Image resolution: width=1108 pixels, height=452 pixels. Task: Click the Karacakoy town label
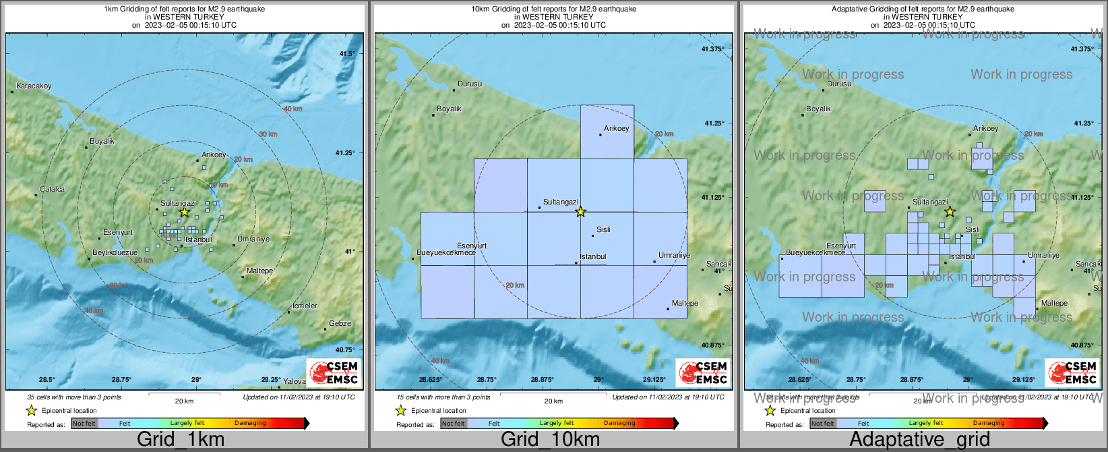pyautogui.click(x=34, y=86)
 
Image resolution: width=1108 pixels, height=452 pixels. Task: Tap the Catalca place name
pyautogui.click(x=52, y=190)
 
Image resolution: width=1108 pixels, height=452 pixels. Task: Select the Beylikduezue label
pyautogui.click(x=115, y=253)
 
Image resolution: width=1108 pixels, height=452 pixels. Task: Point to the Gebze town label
pyautogui.click(x=340, y=324)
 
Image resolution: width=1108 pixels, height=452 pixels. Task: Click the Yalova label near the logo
pyautogui.click(x=294, y=382)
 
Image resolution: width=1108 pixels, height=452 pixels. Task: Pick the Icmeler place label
pyautogui.click(x=305, y=306)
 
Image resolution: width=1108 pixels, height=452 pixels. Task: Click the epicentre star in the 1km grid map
pyautogui.click(x=184, y=212)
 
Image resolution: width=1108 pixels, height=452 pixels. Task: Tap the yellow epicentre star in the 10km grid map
pyautogui.click(x=580, y=212)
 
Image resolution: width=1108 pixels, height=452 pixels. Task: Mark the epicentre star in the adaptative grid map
pyautogui.click(x=950, y=212)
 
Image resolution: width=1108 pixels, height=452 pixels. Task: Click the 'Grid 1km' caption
pyautogui.click(x=181, y=440)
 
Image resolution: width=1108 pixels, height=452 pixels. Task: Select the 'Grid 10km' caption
pyautogui.click(x=550, y=440)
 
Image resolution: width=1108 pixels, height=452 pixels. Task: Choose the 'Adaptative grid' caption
pyautogui.click(x=919, y=440)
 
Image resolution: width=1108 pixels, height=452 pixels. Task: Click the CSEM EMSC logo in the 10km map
pyautogui.click(x=703, y=372)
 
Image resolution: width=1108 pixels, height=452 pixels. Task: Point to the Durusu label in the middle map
pyautogui.click(x=470, y=84)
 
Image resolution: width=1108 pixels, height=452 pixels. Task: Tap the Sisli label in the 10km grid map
pyautogui.click(x=603, y=230)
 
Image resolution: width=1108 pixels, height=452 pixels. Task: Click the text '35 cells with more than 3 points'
pyautogui.click(x=74, y=397)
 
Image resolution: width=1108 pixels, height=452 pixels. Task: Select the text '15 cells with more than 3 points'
pyautogui.click(x=443, y=397)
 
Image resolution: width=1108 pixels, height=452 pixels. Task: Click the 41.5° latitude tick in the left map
pyautogui.click(x=346, y=54)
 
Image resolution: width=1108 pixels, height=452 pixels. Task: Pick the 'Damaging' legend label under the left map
pyautogui.click(x=250, y=424)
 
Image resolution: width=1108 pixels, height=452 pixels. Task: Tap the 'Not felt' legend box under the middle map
pyautogui.click(x=454, y=424)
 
